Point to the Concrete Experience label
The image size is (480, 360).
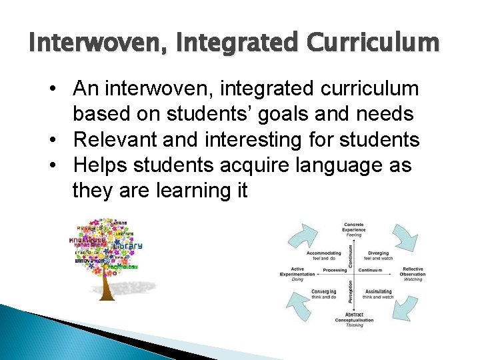353,229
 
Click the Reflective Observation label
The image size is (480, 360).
413,273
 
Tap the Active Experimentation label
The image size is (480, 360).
297,273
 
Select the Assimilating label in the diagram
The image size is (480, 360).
378,293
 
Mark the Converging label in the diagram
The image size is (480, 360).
324,293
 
